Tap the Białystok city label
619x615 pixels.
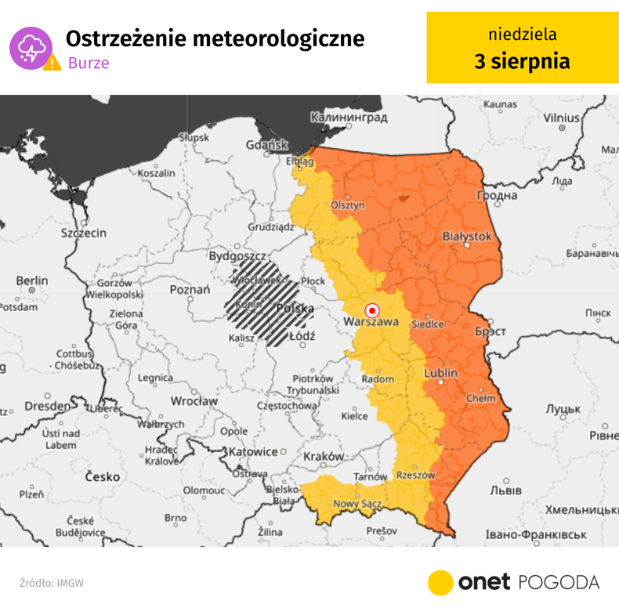pyautogui.click(x=467, y=236)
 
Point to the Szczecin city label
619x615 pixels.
pyautogui.click(x=84, y=233)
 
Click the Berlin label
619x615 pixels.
pyautogui.click(x=31, y=280)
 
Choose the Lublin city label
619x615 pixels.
pyautogui.click(x=440, y=374)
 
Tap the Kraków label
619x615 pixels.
pyautogui.click(x=324, y=456)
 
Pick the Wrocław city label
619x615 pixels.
pyautogui.click(x=194, y=400)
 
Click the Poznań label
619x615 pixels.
pyautogui.click(x=190, y=289)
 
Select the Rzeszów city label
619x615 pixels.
pyautogui.click(x=415, y=475)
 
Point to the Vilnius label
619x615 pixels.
pyautogui.click(x=562, y=117)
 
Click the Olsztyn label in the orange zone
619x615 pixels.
pyautogui.click(x=348, y=204)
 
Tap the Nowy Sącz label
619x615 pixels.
pyautogui.click(x=357, y=504)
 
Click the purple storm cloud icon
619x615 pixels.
pyautogui.click(x=31, y=47)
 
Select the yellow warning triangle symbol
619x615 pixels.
pyautogui.click(x=52, y=63)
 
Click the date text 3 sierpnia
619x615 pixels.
pyautogui.click(x=522, y=61)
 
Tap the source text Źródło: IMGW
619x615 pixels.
pyautogui.click(x=52, y=583)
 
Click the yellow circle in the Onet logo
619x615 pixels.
pyautogui.click(x=440, y=582)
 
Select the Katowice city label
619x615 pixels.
pyautogui.click(x=253, y=451)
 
